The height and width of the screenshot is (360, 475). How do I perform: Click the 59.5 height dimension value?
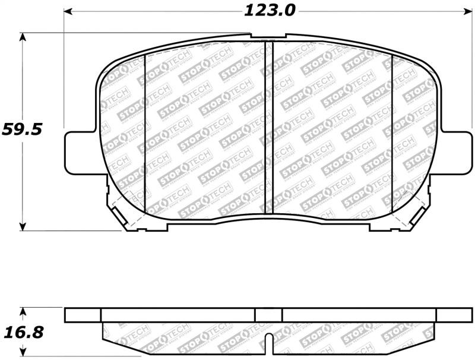[x=22, y=129]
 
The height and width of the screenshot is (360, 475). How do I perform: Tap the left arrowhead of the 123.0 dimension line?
[x=68, y=11]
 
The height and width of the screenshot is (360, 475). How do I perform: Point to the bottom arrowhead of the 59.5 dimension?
[x=23, y=226]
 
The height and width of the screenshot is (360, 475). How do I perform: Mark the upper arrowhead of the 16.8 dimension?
[x=23, y=311]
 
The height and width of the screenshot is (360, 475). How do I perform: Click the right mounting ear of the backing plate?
[x=458, y=153]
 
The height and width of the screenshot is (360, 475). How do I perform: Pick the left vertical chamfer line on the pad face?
[x=145, y=134]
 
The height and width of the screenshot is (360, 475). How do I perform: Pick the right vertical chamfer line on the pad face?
[x=392, y=134]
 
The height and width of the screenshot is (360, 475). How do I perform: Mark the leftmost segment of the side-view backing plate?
[x=83, y=314]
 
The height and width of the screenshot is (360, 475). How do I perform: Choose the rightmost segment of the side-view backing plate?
[x=454, y=314]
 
